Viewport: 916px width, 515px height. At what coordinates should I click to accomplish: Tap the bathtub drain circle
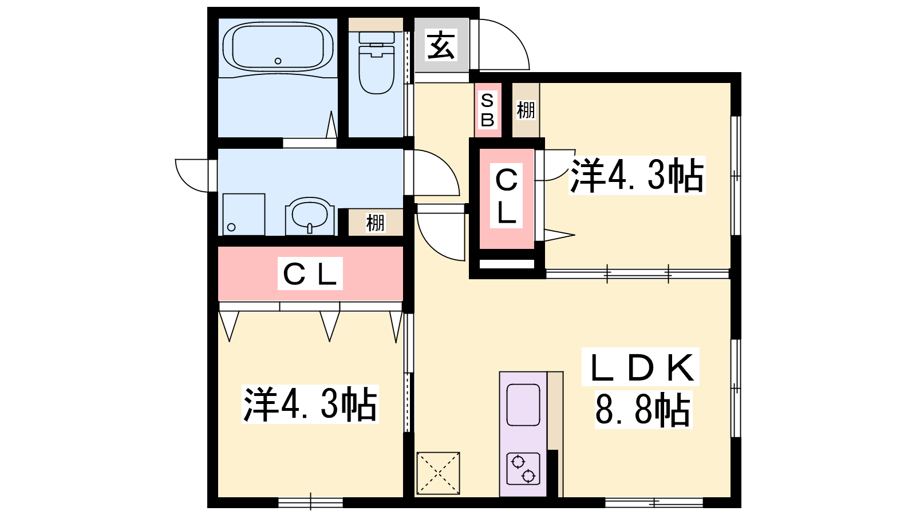(278, 61)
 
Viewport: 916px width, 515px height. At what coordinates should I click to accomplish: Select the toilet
(376, 62)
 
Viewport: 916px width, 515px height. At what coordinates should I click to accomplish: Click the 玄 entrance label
(441, 45)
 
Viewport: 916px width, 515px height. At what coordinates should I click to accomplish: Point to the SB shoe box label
(487, 110)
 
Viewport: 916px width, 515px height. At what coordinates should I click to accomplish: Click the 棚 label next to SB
(526, 110)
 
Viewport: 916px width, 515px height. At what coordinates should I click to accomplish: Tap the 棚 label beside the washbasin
(376, 223)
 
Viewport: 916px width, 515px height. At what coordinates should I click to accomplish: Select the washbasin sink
(310, 216)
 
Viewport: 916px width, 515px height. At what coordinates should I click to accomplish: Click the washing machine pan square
(244, 214)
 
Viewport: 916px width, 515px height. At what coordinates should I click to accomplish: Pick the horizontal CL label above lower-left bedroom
(310, 274)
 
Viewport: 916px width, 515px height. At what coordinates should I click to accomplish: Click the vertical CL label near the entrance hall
(507, 196)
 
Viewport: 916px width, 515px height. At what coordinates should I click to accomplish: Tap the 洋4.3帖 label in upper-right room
(637, 175)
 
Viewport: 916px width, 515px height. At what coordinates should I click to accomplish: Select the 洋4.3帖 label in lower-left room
(310, 404)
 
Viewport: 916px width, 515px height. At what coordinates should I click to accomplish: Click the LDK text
(641, 367)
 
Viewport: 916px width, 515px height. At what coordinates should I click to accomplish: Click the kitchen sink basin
(523, 405)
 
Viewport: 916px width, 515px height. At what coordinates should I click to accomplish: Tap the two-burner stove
(523, 469)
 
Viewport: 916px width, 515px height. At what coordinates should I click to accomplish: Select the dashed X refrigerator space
(438, 473)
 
